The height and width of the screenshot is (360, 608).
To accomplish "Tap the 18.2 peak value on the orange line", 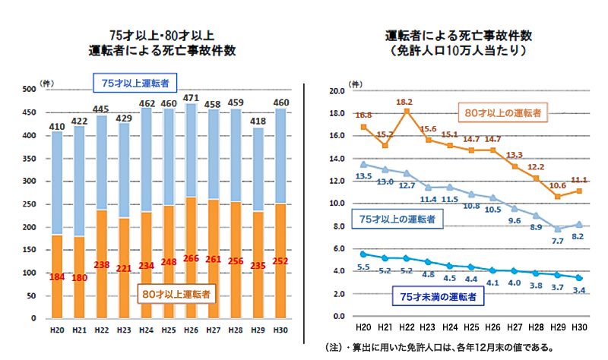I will (404, 101).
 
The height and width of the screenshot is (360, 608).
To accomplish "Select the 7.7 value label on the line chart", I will (558, 241).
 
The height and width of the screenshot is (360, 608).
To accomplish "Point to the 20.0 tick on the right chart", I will (336, 91).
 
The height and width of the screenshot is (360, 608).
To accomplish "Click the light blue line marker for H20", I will (363, 164).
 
